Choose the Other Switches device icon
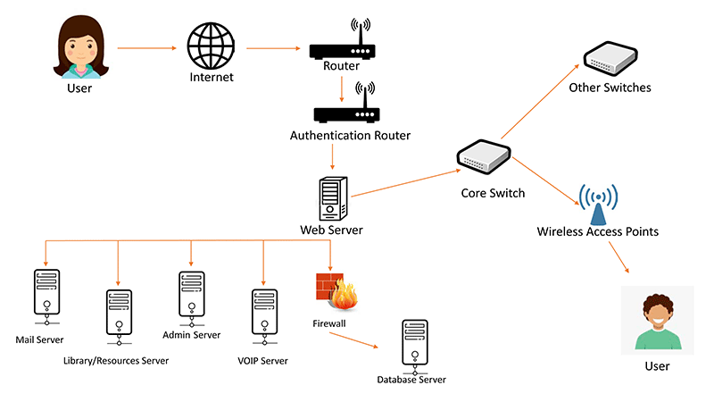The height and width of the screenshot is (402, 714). pyautogui.click(x=610, y=59)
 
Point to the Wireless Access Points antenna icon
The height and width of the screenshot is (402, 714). pyautogui.click(x=597, y=205)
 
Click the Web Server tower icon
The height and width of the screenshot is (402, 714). pyautogui.click(x=333, y=197)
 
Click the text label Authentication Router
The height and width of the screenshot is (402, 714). pyautogui.click(x=350, y=136)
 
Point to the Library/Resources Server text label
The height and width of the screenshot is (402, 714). pyautogui.click(x=116, y=361)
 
